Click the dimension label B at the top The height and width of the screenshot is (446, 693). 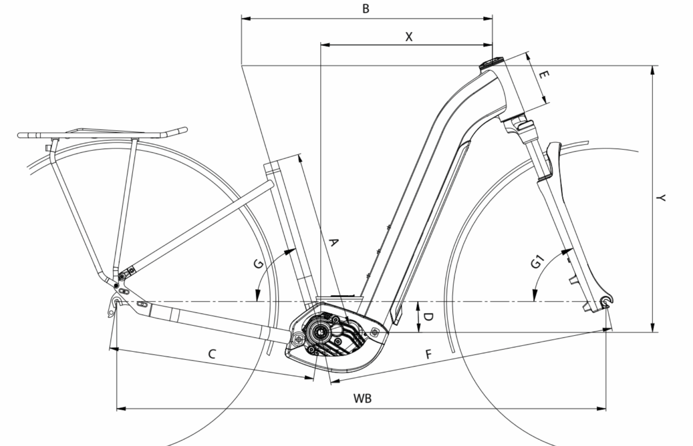click(366, 9)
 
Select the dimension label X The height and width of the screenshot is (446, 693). click(409, 37)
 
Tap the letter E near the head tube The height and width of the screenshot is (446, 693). click(544, 74)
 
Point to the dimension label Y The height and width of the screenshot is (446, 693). click(661, 198)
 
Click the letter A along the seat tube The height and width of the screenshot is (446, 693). click(333, 242)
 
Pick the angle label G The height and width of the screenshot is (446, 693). click(259, 264)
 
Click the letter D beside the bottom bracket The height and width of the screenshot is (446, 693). click(428, 317)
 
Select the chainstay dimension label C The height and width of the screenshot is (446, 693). click(212, 354)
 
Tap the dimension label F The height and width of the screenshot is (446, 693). click(429, 354)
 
